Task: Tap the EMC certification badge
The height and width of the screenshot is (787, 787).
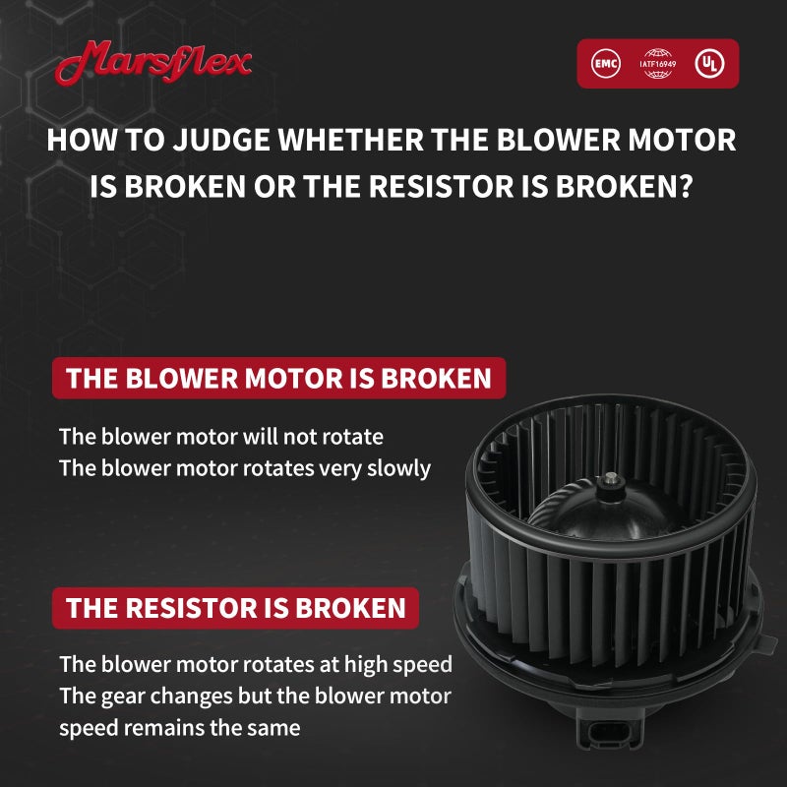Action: (x=607, y=64)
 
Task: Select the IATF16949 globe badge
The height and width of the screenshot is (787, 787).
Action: (x=655, y=63)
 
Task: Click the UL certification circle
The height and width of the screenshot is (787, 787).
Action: (x=706, y=64)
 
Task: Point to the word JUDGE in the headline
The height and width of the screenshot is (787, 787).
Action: (x=222, y=140)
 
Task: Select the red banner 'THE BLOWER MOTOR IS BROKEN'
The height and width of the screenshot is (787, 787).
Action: (x=278, y=378)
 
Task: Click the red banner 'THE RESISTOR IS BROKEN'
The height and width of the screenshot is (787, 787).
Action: (x=235, y=607)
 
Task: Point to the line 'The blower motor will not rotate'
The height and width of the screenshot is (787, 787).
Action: (x=221, y=436)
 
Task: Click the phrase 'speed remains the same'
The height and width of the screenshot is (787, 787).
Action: (x=179, y=729)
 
